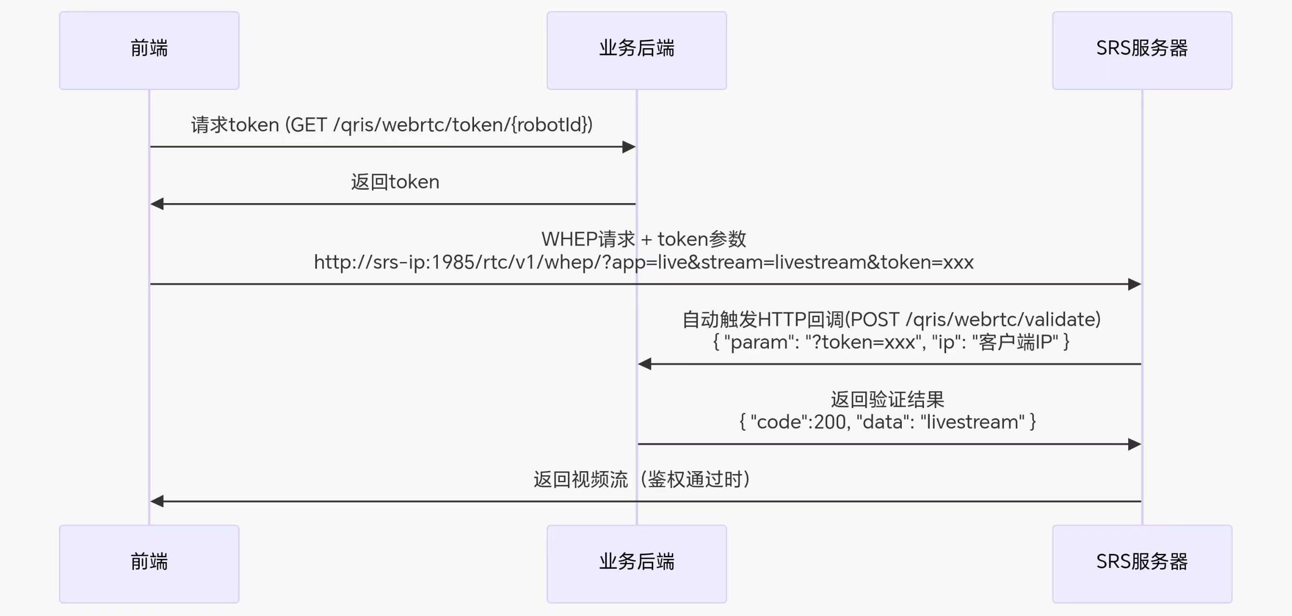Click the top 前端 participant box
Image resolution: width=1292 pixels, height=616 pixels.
coord(149,50)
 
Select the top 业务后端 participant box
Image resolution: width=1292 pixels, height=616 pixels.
coord(636,50)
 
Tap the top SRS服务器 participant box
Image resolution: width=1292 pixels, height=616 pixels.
coord(1142,50)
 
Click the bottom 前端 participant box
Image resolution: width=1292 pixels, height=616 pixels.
coord(149,564)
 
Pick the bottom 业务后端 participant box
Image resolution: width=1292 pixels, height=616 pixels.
coord(636,564)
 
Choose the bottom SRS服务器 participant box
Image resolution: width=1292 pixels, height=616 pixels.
coord(1142,564)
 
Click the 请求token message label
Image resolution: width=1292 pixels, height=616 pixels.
coord(392,125)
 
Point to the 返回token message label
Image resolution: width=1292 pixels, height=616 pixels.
coord(395,182)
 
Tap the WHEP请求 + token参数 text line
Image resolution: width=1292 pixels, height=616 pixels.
coord(644,239)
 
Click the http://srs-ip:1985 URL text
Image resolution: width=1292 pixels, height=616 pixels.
coord(644,262)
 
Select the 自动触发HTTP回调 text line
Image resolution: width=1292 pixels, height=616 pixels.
coord(891,319)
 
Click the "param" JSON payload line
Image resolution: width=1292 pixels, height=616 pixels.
coord(891,342)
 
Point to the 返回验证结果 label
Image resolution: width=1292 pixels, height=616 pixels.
coord(887,399)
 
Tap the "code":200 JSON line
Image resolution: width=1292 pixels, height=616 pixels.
coord(887,422)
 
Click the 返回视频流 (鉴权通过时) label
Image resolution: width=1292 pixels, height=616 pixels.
coord(642,480)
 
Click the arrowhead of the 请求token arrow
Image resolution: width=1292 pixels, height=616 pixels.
coord(629,147)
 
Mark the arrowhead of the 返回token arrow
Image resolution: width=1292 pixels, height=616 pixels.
coord(157,204)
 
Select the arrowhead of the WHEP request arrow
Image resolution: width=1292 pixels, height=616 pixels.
coord(1134,284)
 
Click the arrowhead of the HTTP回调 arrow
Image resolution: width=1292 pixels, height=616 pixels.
coord(645,364)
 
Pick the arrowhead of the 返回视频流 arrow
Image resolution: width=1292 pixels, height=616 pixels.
coord(157,501)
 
